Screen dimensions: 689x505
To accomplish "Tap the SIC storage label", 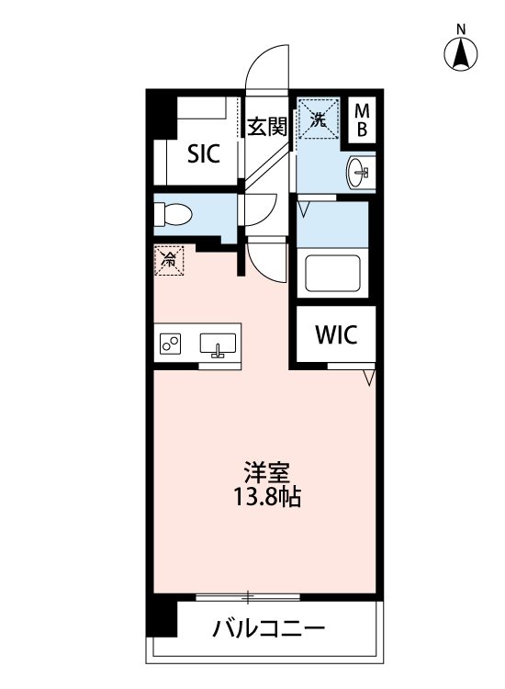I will [x=203, y=153].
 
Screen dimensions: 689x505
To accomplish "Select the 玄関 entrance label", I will [x=267, y=127].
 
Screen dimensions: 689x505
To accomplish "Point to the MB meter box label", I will [x=362, y=120].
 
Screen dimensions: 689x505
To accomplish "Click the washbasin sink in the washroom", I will [x=359, y=171].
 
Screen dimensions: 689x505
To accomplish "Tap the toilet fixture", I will [x=173, y=213].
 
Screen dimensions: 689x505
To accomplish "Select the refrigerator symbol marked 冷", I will [x=168, y=260].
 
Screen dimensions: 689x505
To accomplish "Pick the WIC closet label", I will [x=334, y=334].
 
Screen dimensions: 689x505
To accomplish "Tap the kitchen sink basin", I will [x=219, y=344].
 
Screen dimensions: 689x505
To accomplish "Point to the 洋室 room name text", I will [x=266, y=475].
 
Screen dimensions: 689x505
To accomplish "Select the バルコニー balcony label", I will [x=268, y=630].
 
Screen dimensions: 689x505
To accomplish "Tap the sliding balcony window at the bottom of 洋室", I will [x=248, y=598].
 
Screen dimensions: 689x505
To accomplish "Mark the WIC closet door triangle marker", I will [x=369, y=377].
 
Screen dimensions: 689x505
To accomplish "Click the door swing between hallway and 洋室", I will [x=267, y=260].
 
